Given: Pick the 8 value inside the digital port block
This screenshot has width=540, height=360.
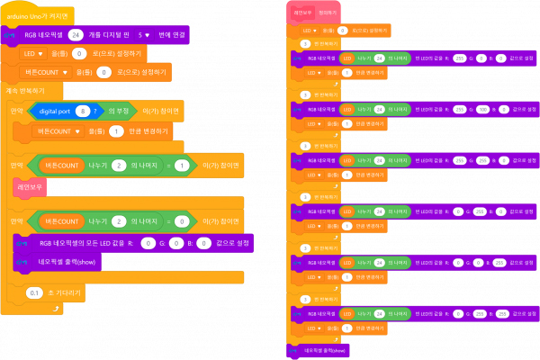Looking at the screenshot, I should pos(83,111).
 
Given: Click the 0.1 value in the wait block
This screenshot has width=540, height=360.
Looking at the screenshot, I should pos(34,292).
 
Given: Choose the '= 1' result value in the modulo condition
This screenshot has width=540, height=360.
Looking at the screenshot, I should pos(181,166).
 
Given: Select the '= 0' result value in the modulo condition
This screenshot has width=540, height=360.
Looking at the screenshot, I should pos(181,220).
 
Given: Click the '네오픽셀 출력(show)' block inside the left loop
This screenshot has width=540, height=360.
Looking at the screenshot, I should pos(70,263).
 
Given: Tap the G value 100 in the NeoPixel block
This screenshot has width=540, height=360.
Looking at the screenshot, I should pos(481,109).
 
